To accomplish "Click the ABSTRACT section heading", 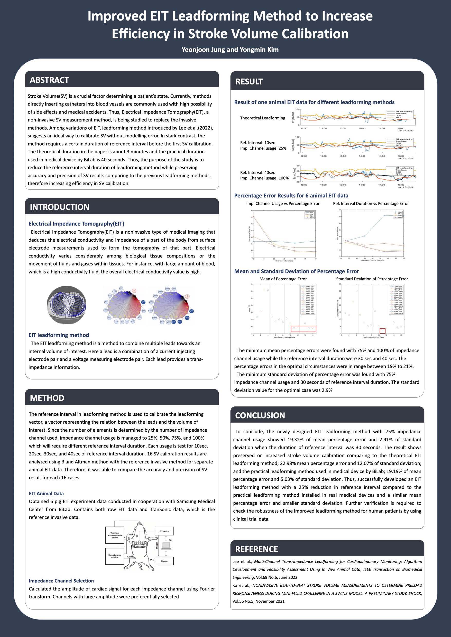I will tap(49, 80).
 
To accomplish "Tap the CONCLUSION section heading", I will tap(260, 415).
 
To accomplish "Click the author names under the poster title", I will tap(230, 50).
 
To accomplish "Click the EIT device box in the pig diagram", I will tap(164, 531).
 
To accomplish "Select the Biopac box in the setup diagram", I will tap(164, 561).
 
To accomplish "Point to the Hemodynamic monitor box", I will tap(115, 556).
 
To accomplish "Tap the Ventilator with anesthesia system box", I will tap(115, 535).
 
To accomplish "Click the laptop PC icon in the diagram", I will tap(166, 545).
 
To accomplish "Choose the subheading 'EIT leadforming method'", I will tap(59, 335).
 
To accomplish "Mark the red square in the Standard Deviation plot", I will tap(382, 331).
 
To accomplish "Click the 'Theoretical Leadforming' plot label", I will tap(262, 118).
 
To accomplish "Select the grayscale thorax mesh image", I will tap(66, 305).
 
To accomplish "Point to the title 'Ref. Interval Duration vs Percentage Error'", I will tap(371, 203).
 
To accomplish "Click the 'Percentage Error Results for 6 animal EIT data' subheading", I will tap(291, 196).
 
